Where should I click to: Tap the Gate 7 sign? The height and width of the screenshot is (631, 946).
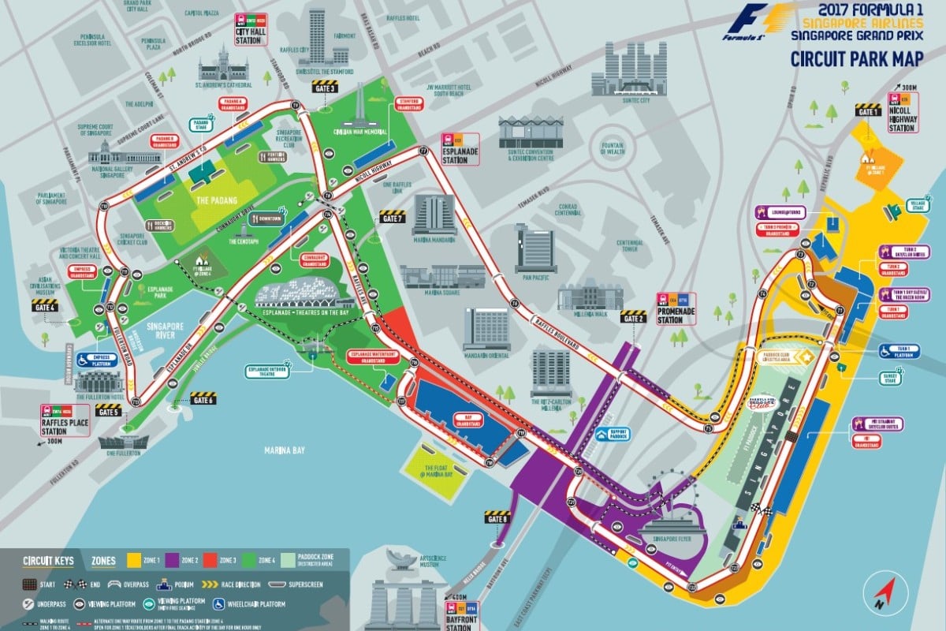click(x=392, y=217)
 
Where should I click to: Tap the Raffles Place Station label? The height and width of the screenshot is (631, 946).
click(x=65, y=420)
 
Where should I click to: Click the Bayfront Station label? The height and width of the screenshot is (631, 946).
click(x=462, y=614)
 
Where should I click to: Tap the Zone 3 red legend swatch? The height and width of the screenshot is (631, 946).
click(x=199, y=561)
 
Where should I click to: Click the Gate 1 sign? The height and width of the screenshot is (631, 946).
click(x=869, y=109)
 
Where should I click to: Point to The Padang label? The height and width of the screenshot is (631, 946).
click(x=216, y=200)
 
